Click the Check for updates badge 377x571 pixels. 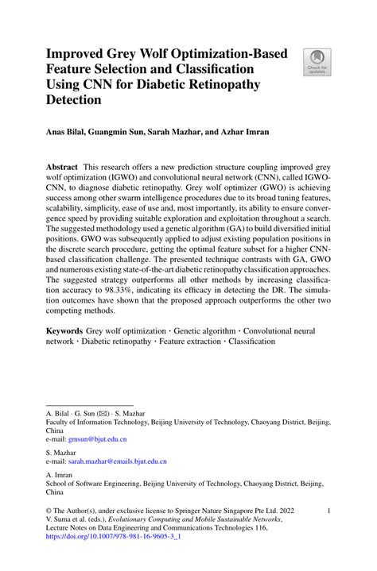317,64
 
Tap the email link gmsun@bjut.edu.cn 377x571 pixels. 97,438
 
